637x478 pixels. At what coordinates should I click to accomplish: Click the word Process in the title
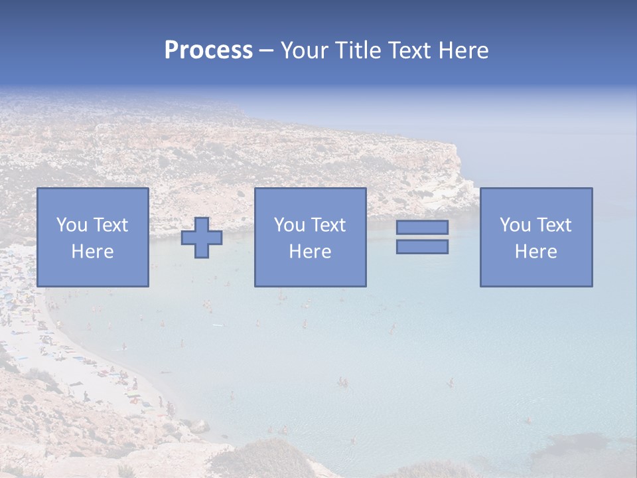(x=208, y=50)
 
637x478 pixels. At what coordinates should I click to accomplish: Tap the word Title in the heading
(x=356, y=50)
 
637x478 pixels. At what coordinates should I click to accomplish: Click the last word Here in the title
(x=463, y=50)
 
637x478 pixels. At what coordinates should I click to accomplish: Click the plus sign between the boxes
(x=202, y=238)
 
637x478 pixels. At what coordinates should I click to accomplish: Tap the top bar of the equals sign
(x=422, y=228)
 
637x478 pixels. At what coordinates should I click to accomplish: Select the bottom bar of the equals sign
(x=422, y=247)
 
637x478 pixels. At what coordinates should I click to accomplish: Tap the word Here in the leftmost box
(x=93, y=252)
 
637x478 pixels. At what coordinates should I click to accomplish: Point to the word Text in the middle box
(x=328, y=225)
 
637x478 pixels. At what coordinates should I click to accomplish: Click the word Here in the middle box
(x=311, y=252)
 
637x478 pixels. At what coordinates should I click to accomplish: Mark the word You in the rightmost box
(x=515, y=225)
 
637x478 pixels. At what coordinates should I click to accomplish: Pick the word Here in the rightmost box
(x=536, y=252)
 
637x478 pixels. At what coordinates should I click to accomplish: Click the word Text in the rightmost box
(x=554, y=225)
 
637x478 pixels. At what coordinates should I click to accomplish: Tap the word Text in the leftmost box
(x=111, y=225)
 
